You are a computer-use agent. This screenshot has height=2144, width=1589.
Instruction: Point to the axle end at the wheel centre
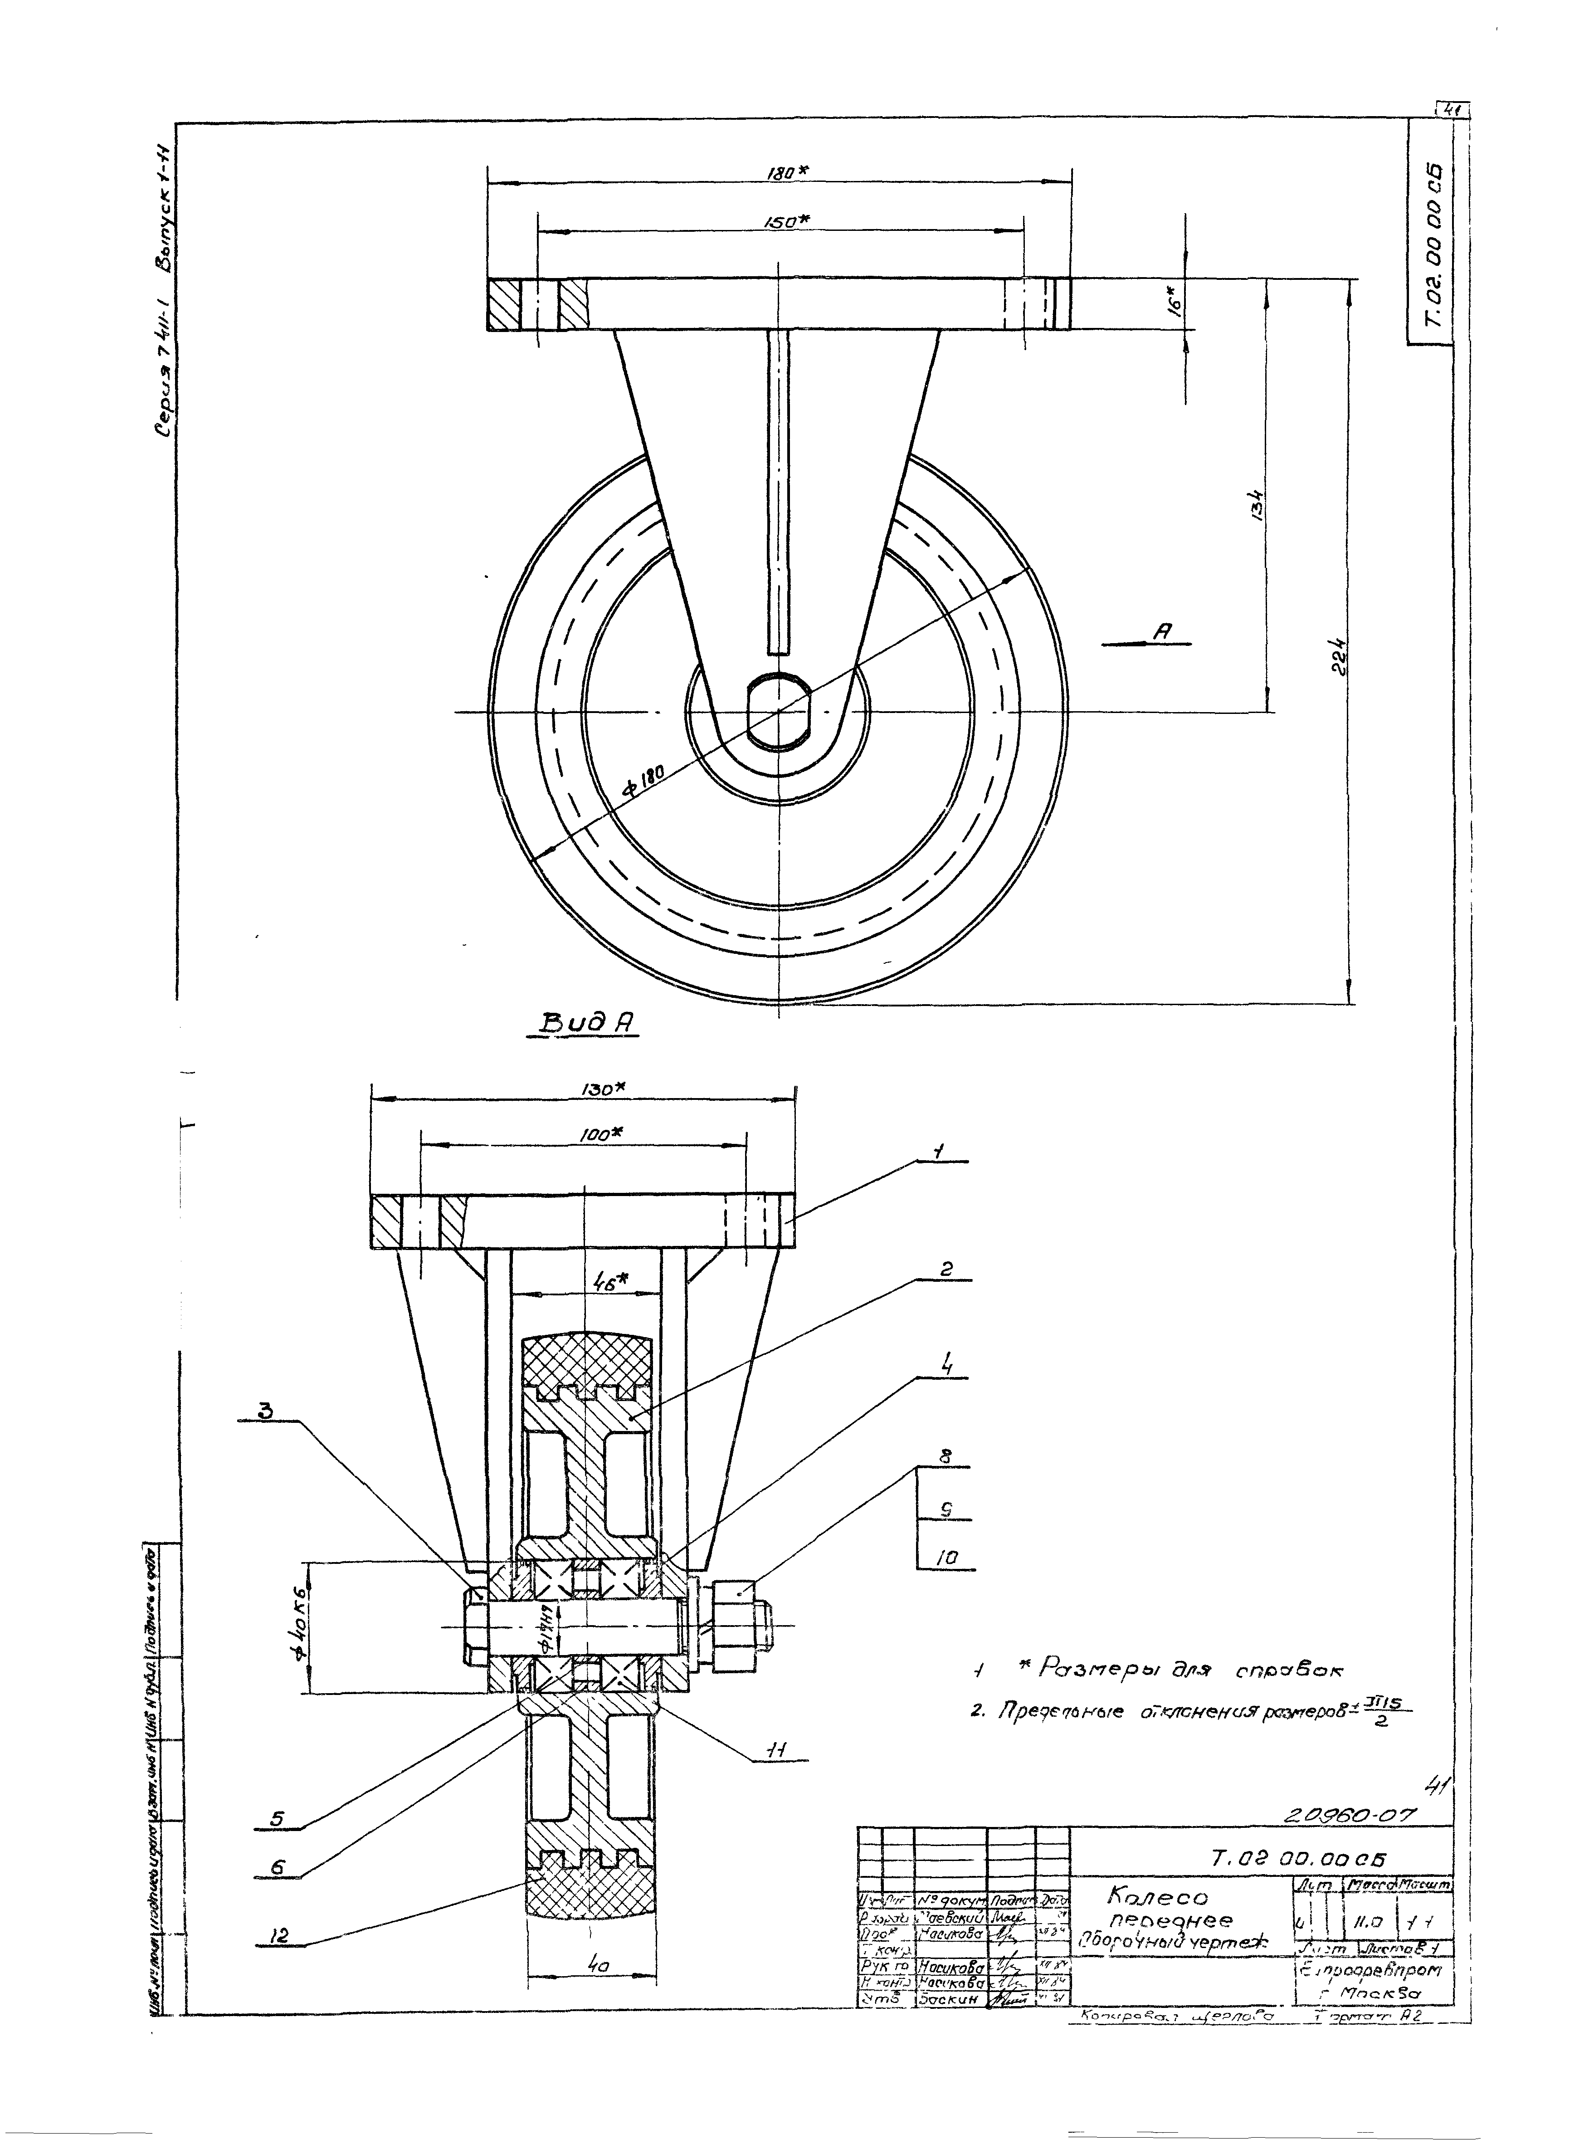[x=779, y=712]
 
